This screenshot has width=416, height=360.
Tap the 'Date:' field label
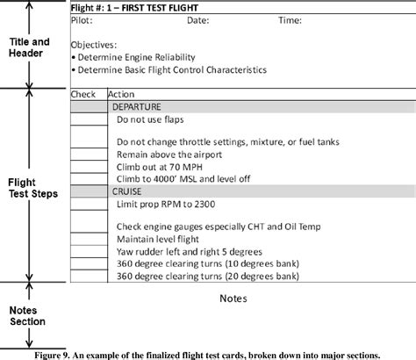tap(197, 18)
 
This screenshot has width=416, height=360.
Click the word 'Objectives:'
tap(93, 43)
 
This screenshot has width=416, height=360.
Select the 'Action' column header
tap(120, 94)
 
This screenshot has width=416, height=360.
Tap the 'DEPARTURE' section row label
tap(136, 106)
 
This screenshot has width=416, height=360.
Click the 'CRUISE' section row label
tap(127, 191)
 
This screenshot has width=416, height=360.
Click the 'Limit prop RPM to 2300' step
tap(164, 203)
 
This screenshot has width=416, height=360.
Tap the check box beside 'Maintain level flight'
tap(88, 238)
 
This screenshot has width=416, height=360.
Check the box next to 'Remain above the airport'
tap(88, 154)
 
